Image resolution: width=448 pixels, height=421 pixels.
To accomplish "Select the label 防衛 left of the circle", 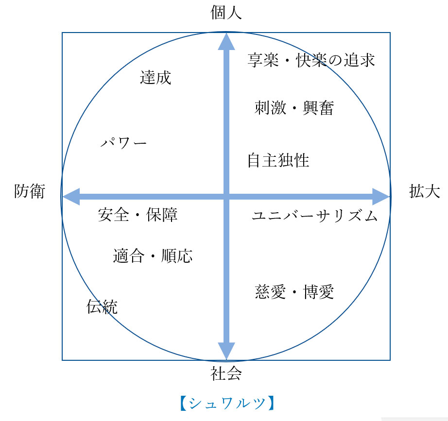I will pyautogui.click(x=29, y=192).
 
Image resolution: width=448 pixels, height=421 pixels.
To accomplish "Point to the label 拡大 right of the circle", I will pyautogui.click(x=425, y=192).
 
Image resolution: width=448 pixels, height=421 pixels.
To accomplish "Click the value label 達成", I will pyautogui.click(x=156, y=77).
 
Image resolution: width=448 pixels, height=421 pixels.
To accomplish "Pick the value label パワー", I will pyautogui.click(x=124, y=143).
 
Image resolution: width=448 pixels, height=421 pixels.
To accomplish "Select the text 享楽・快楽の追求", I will pyautogui.click(x=311, y=60).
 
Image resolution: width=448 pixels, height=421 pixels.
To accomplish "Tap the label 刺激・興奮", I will pyautogui.click(x=294, y=108).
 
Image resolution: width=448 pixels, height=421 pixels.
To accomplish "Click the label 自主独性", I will pyautogui.click(x=278, y=160).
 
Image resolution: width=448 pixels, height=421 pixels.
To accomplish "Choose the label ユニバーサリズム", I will pyautogui.click(x=314, y=216).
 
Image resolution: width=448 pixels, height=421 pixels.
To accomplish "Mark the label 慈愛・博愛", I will pyautogui.click(x=294, y=292).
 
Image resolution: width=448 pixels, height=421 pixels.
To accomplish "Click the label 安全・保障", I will pyautogui.click(x=138, y=215).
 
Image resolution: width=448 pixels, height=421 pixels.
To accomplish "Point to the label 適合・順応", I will pyautogui.click(x=153, y=255).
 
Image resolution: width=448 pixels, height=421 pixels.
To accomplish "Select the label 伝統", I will pyautogui.click(x=102, y=306).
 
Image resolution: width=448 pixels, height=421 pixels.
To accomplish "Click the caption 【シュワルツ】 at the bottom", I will pyautogui.click(x=226, y=404).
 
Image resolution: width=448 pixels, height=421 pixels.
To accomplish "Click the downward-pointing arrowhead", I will pyautogui.click(x=226, y=351).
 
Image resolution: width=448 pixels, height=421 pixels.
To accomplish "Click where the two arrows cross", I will pyautogui.click(x=226, y=197).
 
